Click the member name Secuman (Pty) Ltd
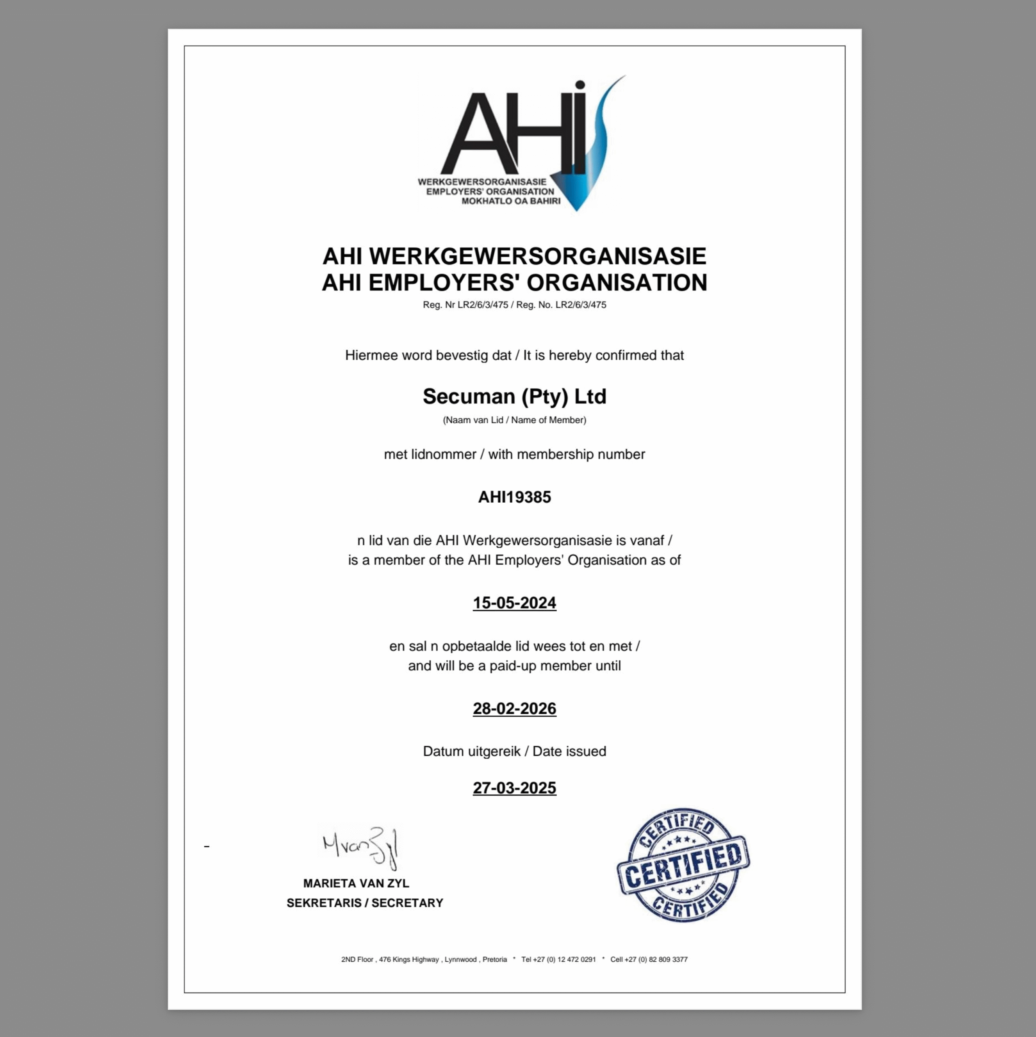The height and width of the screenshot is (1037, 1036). coord(514,397)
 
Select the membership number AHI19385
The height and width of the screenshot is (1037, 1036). coord(514,497)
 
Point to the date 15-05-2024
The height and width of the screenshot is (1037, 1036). coord(514,603)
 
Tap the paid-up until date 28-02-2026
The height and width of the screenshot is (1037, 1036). coord(514,708)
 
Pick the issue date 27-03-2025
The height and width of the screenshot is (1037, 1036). coord(514,788)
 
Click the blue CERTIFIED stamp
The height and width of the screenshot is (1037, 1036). coord(683,865)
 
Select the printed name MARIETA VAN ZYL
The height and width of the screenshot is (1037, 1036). coord(356,883)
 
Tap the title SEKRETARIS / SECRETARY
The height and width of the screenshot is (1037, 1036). coord(365,903)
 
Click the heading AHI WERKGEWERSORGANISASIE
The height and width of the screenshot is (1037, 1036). coord(514,256)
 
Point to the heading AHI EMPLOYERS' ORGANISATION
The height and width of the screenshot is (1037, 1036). coord(514,283)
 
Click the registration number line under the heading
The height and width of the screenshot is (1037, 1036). coord(514,305)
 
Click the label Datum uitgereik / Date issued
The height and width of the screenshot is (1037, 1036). coord(514,751)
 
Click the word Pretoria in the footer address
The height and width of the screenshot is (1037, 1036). coord(494,959)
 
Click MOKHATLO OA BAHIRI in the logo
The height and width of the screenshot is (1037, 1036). coord(511,201)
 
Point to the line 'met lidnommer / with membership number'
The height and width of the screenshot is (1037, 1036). coord(514,454)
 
